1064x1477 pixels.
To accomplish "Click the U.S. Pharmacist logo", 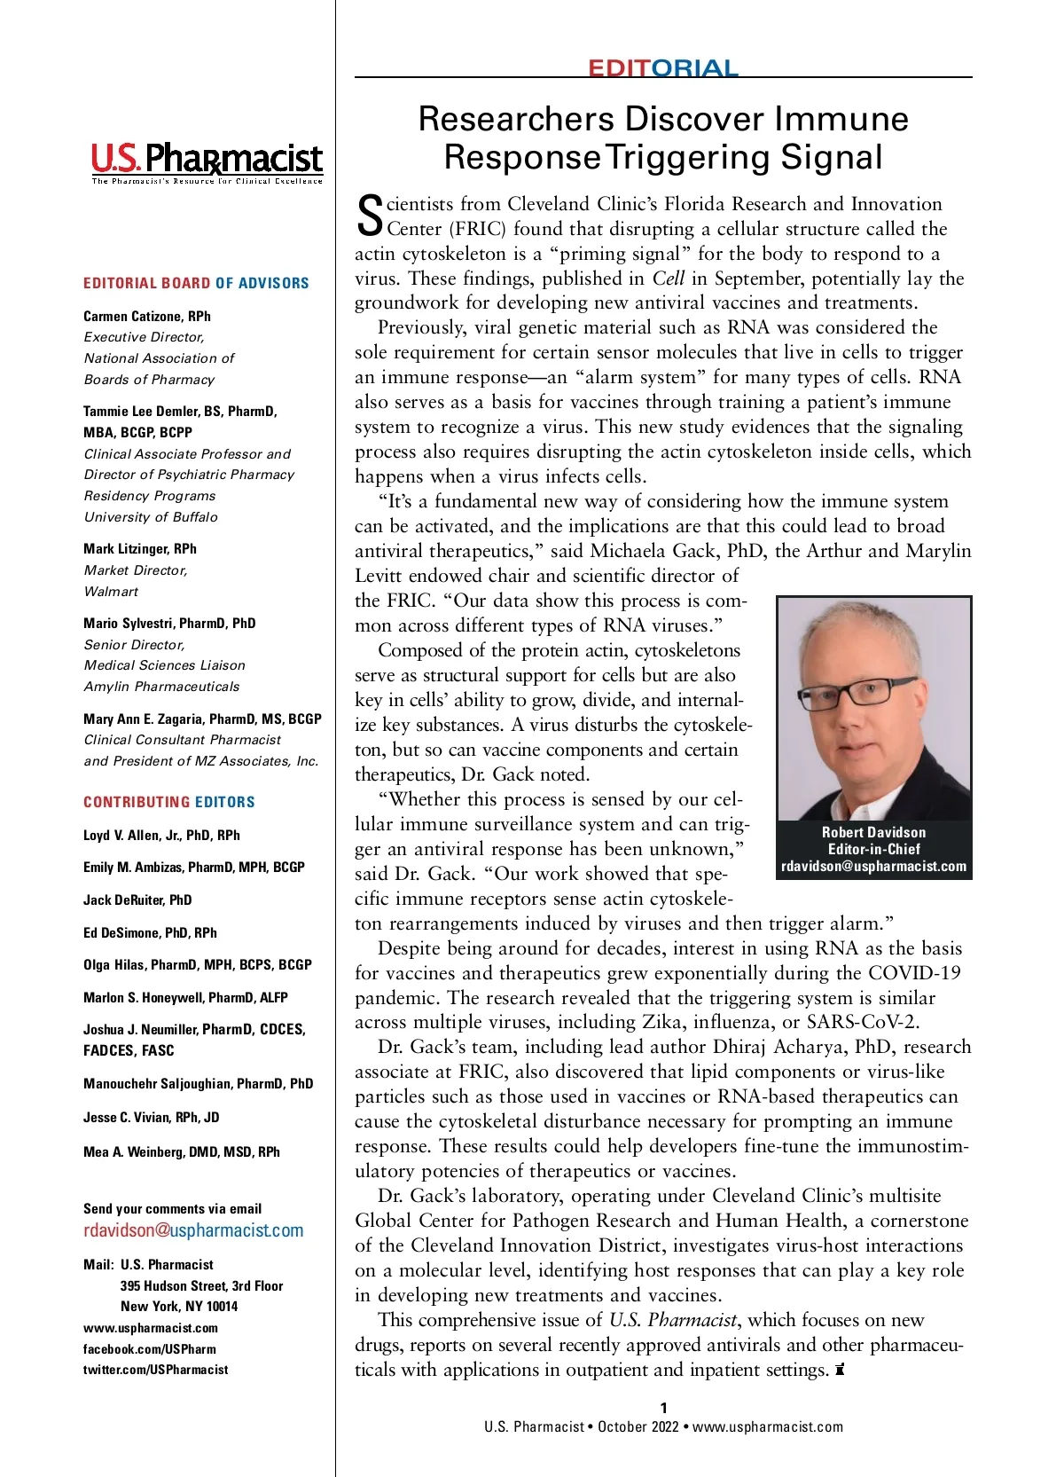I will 207,161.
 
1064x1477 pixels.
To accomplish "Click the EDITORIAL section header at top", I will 662,68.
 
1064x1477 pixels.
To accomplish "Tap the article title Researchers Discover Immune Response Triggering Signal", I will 663,137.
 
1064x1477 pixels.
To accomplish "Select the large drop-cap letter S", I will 369,216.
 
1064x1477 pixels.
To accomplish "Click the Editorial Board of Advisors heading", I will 196,283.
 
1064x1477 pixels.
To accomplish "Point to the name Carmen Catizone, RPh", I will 147,316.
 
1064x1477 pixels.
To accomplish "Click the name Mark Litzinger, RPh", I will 140,548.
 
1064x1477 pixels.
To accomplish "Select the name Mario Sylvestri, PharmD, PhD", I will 169,623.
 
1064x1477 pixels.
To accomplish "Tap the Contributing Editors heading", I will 169,802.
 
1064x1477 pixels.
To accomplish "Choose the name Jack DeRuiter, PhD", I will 137,900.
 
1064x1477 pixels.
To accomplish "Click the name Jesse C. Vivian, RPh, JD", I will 152,1117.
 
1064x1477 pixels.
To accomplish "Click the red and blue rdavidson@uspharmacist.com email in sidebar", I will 193,1230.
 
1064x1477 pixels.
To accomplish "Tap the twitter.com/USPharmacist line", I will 156,1370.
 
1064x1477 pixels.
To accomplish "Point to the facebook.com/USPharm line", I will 150,1348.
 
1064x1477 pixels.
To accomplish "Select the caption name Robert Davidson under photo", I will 873,832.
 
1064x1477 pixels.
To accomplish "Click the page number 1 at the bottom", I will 663,1408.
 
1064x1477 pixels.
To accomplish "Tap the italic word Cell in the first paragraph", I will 668,278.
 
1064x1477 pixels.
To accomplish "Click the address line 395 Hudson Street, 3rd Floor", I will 201,1285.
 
